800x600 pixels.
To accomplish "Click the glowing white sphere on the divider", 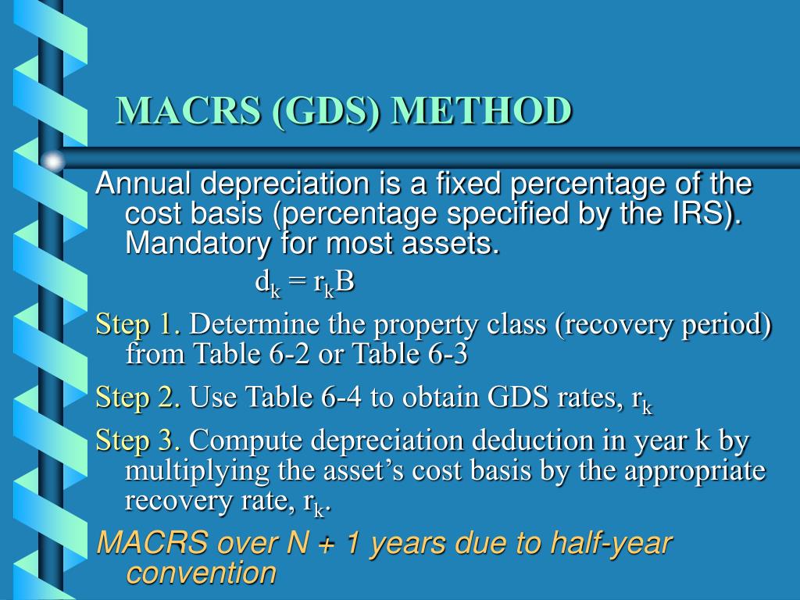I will pyautogui.click(x=53, y=162).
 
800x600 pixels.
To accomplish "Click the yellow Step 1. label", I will pyautogui.click(x=139, y=323).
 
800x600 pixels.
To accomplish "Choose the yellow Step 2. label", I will pyautogui.click(x=139, y=398).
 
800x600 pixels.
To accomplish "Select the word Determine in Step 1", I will pyautogui.click(x=252, y=323).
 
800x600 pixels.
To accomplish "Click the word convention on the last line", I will pyautogui.click(x=201, y=573).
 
